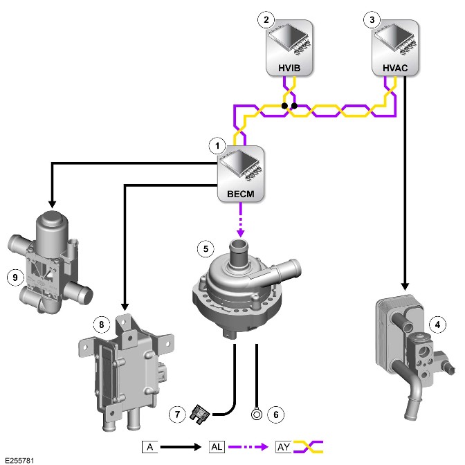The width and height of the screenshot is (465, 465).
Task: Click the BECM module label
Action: pyautogui.click(x=241, y=194)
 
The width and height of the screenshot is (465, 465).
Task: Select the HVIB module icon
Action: pyautogui.click(x=289, y=48)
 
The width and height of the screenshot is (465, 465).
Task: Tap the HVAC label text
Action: pyautogui.click(x=395, y=68)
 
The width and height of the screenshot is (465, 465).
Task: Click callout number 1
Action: pyautogui.click(x=217, y=146)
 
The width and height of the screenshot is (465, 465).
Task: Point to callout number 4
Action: pyautogui.click(x=437, y=325)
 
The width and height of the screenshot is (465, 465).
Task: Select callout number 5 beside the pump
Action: pyautogui.click(x=206, y=248)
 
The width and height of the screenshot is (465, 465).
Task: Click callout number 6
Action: pyautogui.click(x=276, y=414)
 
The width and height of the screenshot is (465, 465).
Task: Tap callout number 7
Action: pyautogui.click(x=177, y=414)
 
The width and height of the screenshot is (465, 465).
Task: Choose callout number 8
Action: pyautogui.click(x=102, y=325)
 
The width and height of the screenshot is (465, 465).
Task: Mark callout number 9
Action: pyautogui.click(x=15, y=277)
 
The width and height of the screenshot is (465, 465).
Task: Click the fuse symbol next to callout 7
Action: pyautogui.click(x=199, y=414)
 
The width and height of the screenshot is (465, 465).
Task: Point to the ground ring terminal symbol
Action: pyautogui.click(x=257, y=414)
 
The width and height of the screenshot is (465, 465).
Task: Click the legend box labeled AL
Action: pyautogui.click(x=217, y=447)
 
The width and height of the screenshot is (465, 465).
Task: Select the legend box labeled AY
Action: pyautogui.click(x=284, y=447)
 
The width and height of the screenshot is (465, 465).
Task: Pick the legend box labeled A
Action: pyautogui.click(x=150, y=447)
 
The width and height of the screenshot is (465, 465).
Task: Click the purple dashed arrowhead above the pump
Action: pyautogui.click(x=241, y=232)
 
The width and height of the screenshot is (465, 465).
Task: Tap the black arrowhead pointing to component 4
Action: pyautogui.click(x=405, y=286)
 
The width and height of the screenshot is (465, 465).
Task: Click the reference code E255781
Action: pyautogui.click(x=19, y=460)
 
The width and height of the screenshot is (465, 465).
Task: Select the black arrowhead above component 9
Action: pyautogui.click(x=52, y=204)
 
